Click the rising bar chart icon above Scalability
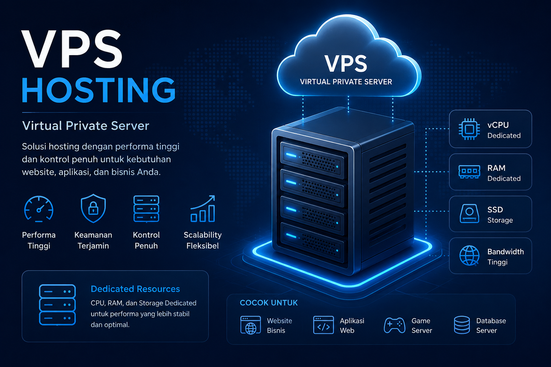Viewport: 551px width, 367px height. [x=203, y=209]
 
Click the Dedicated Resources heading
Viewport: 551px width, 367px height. [x=135, y=289]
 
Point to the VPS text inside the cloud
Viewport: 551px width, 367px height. [x=346, y=63]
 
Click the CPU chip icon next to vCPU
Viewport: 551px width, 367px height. [x=469, y=129]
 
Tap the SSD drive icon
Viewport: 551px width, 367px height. [x=469, y=214]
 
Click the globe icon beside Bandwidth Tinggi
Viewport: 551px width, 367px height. [x=469, y=256]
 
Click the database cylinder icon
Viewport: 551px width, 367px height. [x=462, y=325]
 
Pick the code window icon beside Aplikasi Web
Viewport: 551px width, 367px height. [x=324, y=325]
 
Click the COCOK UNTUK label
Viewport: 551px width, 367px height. [x=269, y=303]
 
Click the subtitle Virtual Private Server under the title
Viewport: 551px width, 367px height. [x=86, y=126]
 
